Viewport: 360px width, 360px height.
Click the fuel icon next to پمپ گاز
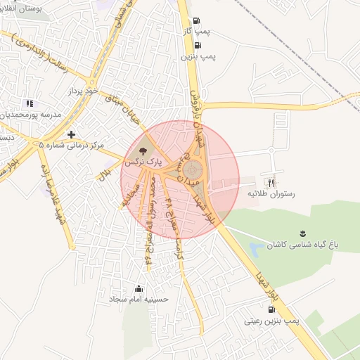pyautogui.click(x=196, y=20)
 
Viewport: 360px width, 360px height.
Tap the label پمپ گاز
pyautogui.click(x=214, y=31)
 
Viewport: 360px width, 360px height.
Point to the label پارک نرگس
pyautogui.click(x=143, y=162)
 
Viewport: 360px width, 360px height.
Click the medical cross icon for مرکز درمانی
pyautogui.click(x=71, y=134)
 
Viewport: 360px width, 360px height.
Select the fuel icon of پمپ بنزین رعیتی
pyautogui.click(x=271, y=309)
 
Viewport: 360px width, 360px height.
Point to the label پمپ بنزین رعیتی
pyautogui.click(x=271, y=321)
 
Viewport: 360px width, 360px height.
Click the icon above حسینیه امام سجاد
pyautogui.click(x=139, y=288)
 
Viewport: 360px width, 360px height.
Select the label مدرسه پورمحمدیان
pyautogui.click(x=31, y=114)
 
